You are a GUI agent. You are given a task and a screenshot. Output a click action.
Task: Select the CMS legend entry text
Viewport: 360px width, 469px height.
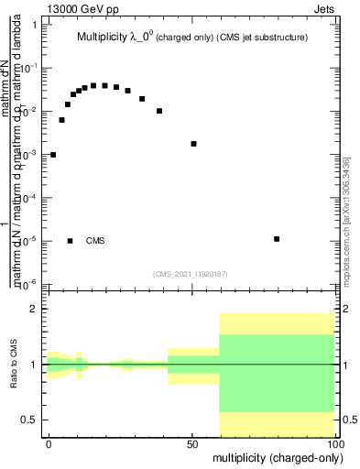coord(95,241)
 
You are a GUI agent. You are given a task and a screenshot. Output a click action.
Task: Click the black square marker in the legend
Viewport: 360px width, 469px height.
coord(71,241)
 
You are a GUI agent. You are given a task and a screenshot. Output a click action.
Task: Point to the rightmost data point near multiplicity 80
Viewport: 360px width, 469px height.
coord(277,239)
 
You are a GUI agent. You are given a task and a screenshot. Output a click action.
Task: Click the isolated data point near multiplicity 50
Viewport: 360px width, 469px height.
coord(193,144)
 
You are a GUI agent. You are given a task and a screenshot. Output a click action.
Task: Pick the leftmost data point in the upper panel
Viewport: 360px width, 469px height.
coord(53,155)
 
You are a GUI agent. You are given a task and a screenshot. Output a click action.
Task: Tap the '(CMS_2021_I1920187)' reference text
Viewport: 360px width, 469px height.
coord(190,272)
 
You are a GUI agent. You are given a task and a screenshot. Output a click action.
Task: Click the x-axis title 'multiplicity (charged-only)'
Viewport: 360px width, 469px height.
coord(273,455)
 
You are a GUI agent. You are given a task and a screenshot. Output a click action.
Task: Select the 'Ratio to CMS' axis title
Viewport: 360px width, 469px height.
coord(15,365)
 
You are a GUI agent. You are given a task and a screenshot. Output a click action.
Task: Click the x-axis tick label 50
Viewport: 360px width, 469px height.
coord(192,443)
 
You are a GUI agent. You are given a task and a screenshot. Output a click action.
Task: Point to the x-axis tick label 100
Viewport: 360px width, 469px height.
coord(334,443)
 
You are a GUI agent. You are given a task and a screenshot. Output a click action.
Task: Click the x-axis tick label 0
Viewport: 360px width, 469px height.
coord(49,443)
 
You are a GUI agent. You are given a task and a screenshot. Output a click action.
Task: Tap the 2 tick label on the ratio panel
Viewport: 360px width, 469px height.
coord(34,310)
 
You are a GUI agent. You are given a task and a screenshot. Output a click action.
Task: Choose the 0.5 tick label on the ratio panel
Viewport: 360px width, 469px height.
coord(29,420)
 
